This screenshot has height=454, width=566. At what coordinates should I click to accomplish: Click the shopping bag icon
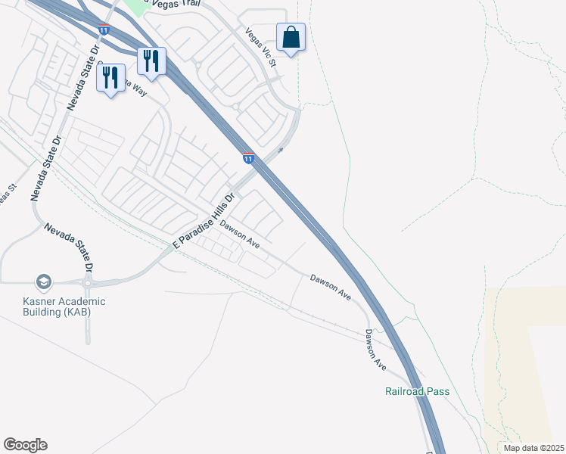(x=291, y=36)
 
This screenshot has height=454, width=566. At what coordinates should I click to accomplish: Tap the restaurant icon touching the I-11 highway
(x=151, y=61)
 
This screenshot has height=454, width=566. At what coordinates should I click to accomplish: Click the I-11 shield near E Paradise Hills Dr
(x=248, y=158)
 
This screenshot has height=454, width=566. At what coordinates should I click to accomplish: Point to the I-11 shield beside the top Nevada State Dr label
(x=104, y=30)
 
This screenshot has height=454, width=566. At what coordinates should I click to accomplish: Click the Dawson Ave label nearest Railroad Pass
(x=375, y=350)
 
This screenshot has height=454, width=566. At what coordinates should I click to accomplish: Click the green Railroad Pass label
(x=417, y=391)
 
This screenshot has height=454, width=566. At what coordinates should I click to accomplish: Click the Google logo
(x=25, y=445)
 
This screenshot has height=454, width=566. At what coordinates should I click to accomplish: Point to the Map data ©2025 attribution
(x=533, y=448)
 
